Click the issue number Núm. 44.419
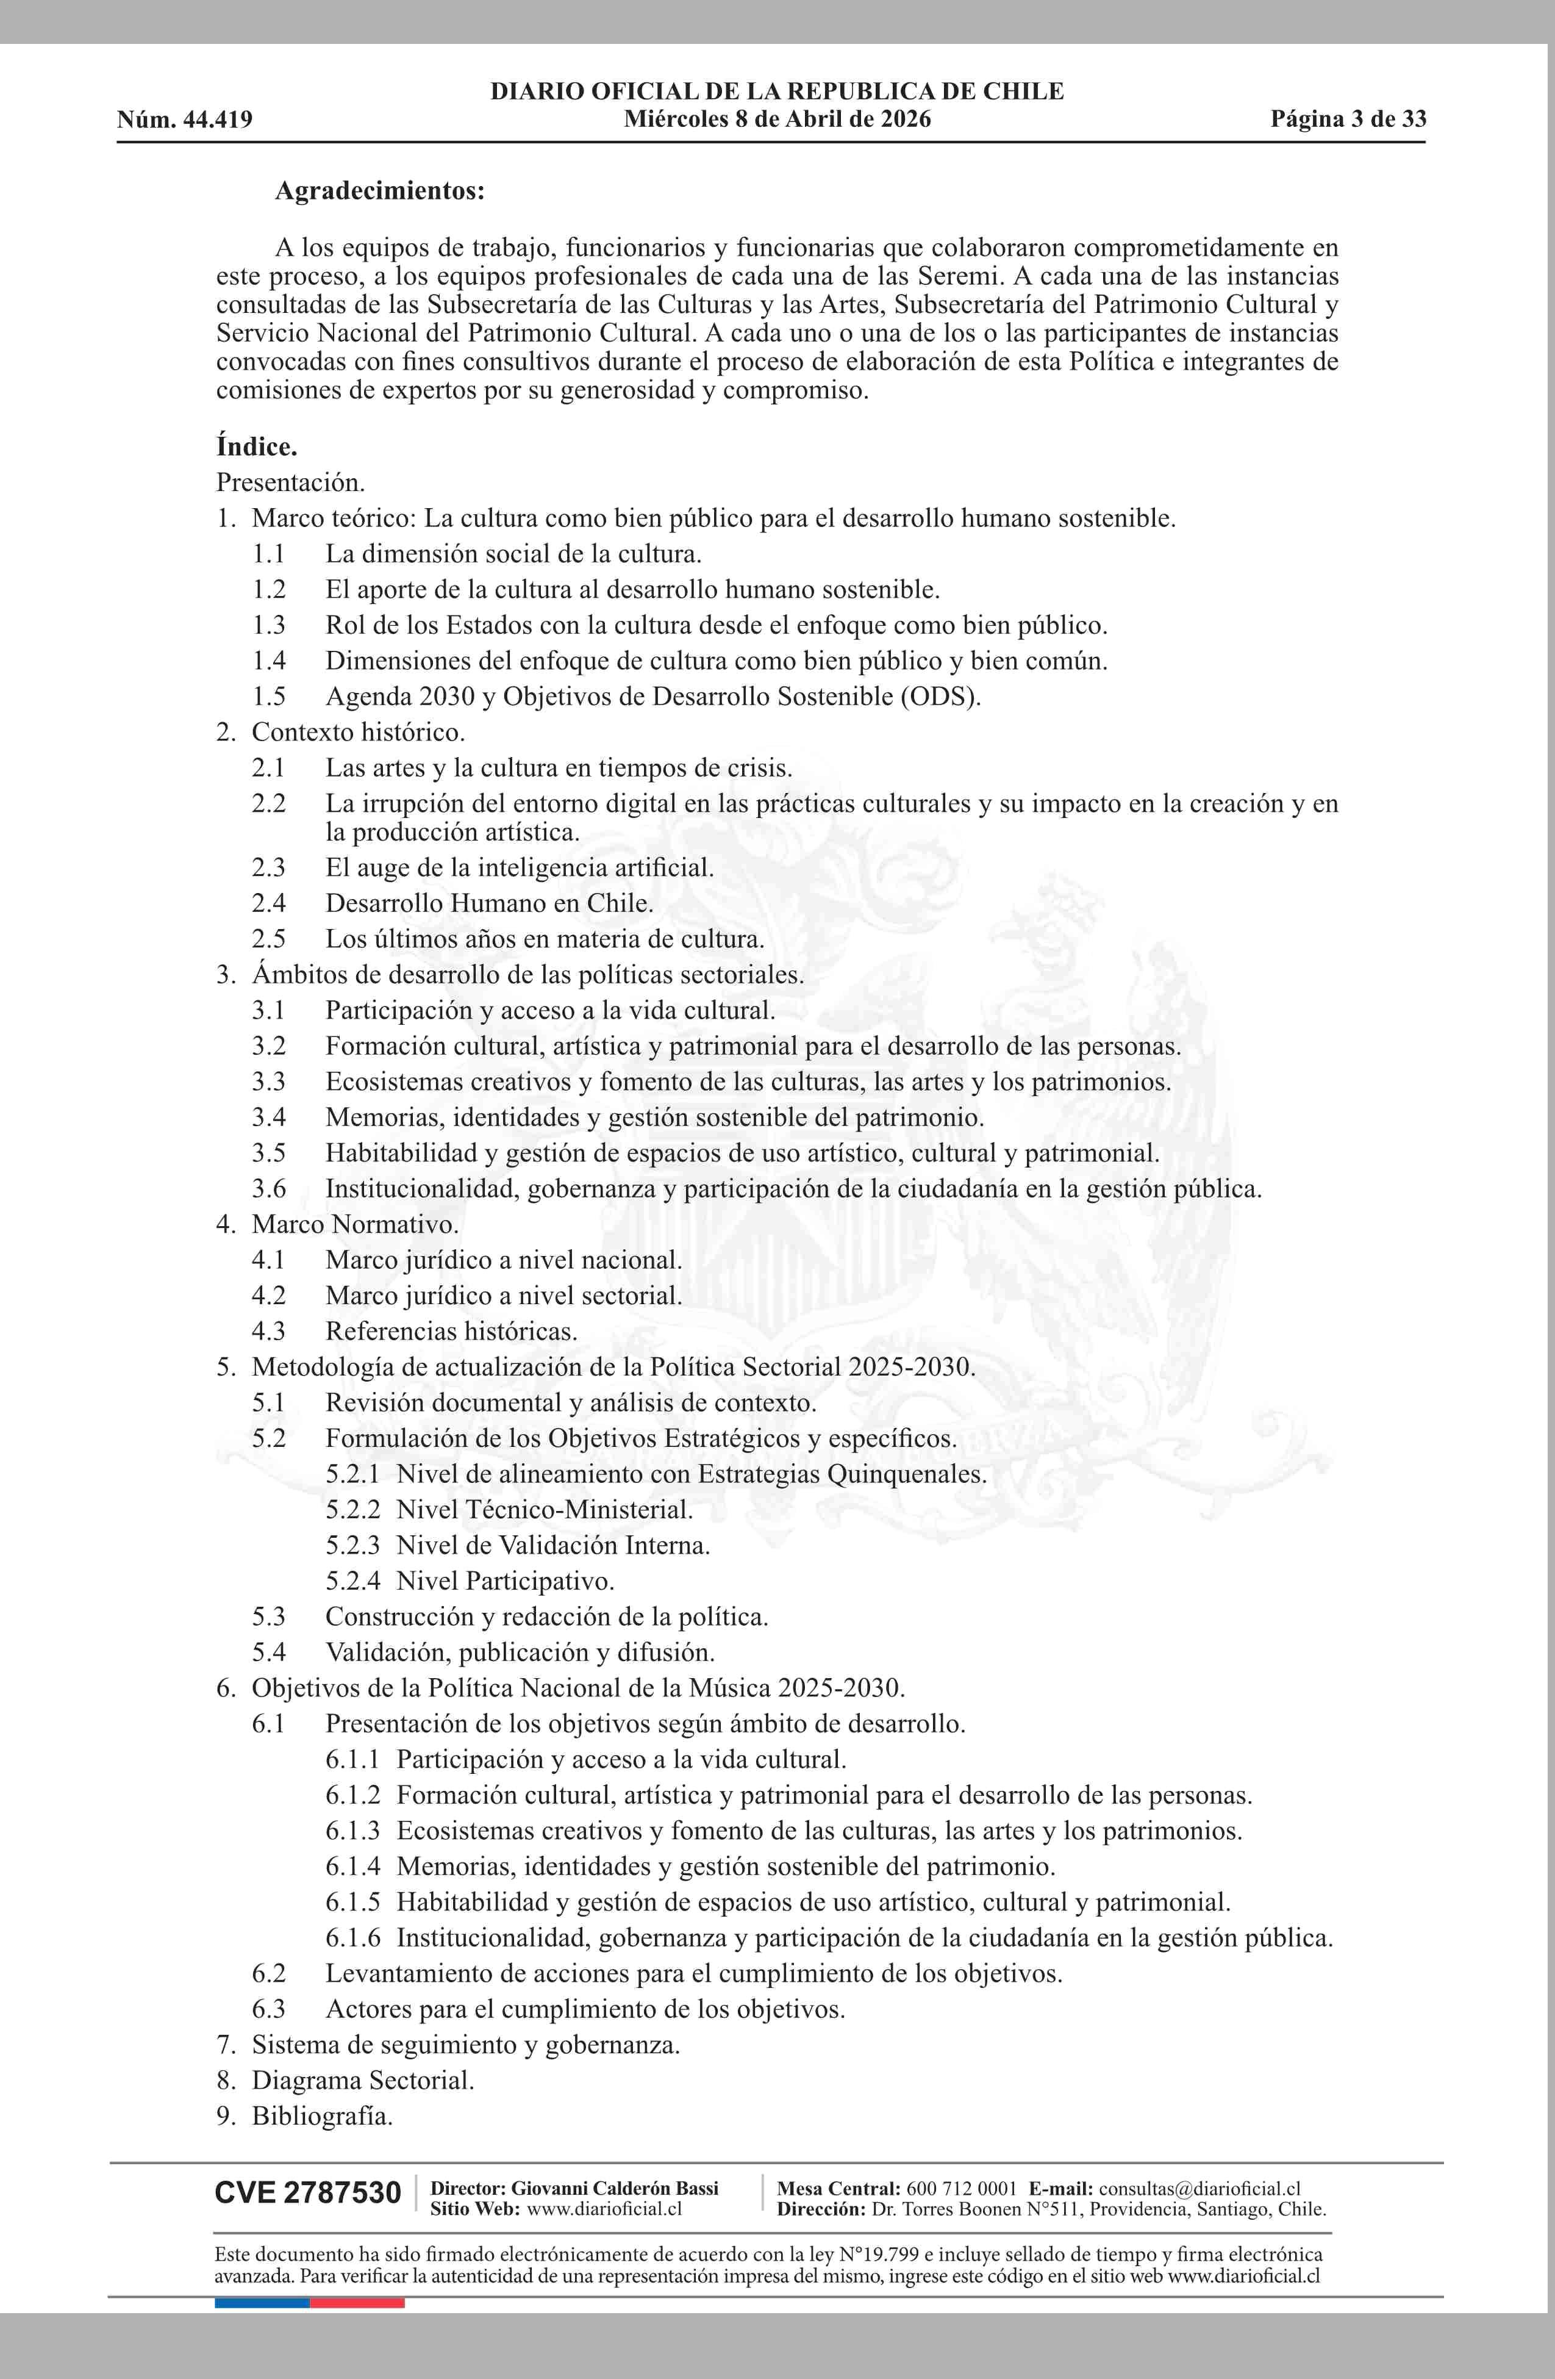click(184, 120)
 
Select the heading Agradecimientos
click(380, 191)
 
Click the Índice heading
click(257, 447)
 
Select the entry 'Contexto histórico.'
click(358, 733)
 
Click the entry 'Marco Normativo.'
click(355, 1224)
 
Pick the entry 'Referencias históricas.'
click(451, 1332)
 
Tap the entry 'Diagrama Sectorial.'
click(363, 2081)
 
